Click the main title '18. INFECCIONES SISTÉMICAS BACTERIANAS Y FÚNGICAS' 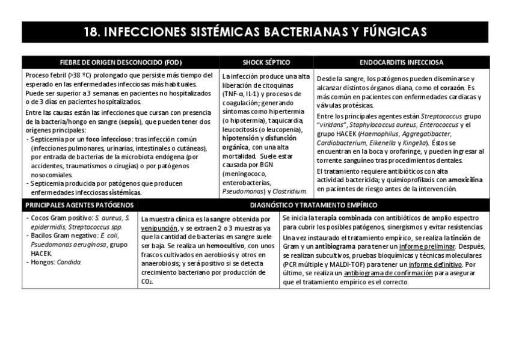pyautogui.click(x=255, y=32)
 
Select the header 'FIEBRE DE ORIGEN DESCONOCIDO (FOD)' pyautogui.click(x=120, y=62)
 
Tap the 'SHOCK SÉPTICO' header pyautogui.click(x=266, y=62)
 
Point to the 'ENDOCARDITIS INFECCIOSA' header pyautogui.click(x=401, y=62)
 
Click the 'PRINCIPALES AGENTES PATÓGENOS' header pyautogui.click(x=79, y=205)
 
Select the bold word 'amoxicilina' pyautogui.click(x=465, y=180)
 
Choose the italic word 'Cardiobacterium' pyautogui.click(x=342, y=143)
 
